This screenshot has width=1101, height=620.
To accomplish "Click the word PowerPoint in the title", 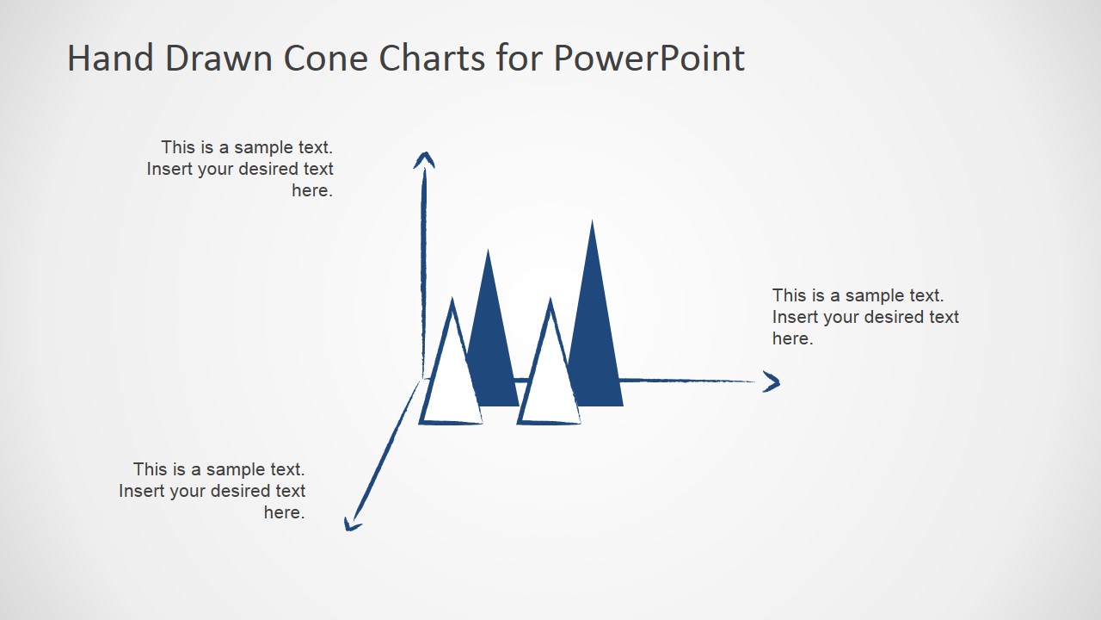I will (649, 59).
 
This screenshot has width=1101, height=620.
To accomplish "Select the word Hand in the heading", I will (109, 59).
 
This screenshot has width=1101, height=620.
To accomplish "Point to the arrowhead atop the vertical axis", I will (424, 159).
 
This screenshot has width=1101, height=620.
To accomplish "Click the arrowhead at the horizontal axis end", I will (772, 382).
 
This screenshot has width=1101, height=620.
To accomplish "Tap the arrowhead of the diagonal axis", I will (351, 524).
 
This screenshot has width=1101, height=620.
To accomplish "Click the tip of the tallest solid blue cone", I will (592, 224).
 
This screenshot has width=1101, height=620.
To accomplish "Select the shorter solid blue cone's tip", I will (489, 253).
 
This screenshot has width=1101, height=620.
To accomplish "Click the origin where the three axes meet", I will (422, 378).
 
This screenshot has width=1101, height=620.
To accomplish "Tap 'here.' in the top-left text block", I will (311, 190).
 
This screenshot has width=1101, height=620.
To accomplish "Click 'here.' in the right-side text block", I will (792, 338).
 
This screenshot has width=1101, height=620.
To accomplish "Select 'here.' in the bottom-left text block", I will (284, 512).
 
